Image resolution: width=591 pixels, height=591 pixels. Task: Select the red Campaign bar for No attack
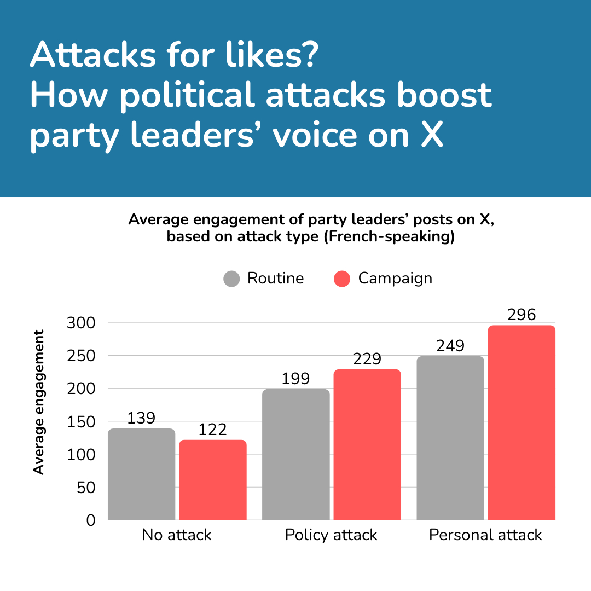[x=213, y=480]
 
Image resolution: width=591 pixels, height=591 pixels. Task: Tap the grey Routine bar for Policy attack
[x=296, y=454]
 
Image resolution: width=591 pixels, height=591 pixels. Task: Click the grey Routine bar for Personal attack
[x=450, y=438]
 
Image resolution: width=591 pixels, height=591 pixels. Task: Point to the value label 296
[x=522, y=315]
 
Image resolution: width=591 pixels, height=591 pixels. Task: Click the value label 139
[x=141, y=418]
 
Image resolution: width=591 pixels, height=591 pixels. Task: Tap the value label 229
[x=367, y=359]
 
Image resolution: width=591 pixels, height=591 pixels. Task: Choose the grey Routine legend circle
[x=232, y=279]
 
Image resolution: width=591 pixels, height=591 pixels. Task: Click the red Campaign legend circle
[x=342, y=279]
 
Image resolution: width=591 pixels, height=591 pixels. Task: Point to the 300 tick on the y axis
[x=81, y=323]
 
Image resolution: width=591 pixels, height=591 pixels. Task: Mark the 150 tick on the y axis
[x=81, y=421]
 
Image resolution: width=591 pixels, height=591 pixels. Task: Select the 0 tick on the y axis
[x=90, y=520]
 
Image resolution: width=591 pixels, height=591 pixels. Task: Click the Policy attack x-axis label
[x=331, y=535]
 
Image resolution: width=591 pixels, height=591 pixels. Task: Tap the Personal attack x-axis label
[x=485, y=535]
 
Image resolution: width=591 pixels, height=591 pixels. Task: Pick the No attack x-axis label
[x=176, y=535]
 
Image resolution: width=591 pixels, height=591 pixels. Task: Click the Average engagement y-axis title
[x=38, y=402]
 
